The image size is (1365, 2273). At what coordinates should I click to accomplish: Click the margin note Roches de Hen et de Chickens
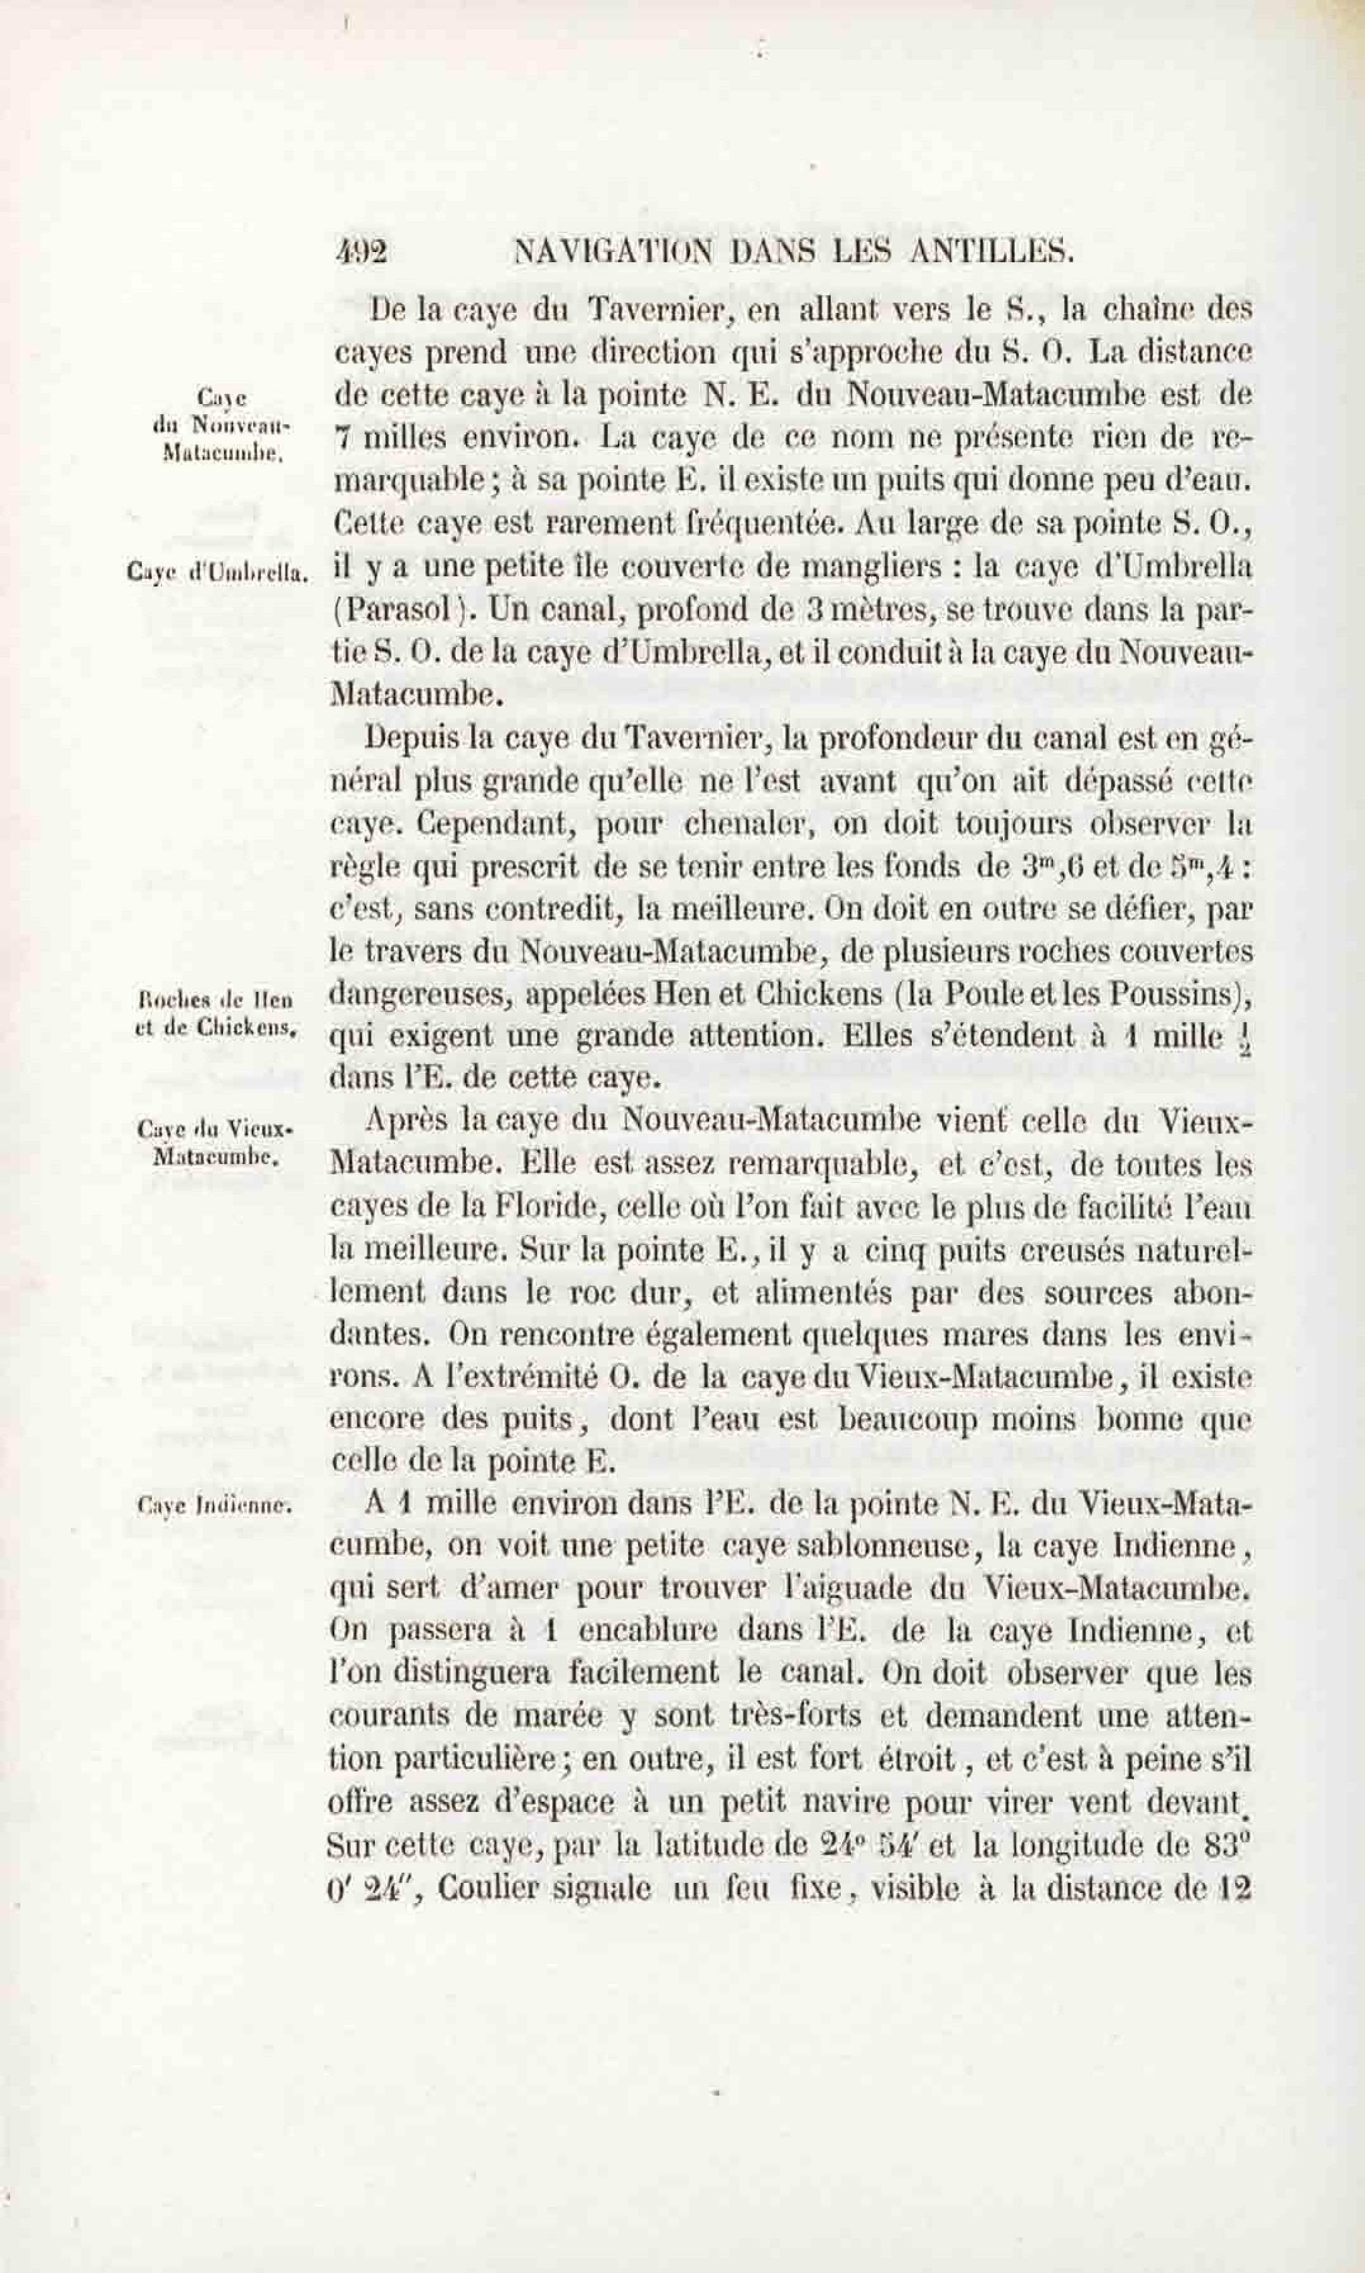213,1013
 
